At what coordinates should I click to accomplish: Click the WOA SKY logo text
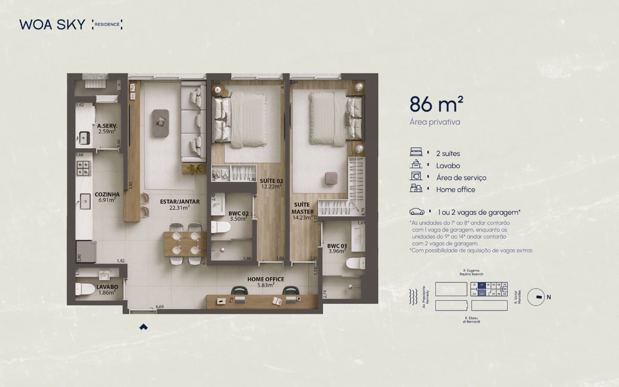click(52, 25)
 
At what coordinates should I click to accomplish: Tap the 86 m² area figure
click(436, 104)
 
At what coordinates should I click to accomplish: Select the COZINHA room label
click(107, 194)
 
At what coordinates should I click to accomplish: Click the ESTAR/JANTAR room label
click(179, 202)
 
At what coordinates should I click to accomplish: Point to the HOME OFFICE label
click(265, 279)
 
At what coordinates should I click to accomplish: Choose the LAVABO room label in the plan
click(107, 287)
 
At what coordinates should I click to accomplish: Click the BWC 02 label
click(238, 213)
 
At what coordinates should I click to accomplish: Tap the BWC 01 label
click(337, 245)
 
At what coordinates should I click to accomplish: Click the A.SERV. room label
click(107, 126)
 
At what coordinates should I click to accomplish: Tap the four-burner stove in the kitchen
click(83, 168)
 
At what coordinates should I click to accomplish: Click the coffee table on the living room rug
click(160, 122)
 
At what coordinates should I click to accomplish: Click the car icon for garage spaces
click(416, 212)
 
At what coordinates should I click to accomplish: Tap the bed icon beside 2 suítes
click(416, 153)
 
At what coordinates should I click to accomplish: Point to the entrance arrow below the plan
click(143, 327)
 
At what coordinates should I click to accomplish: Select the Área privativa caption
click(434, 122)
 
